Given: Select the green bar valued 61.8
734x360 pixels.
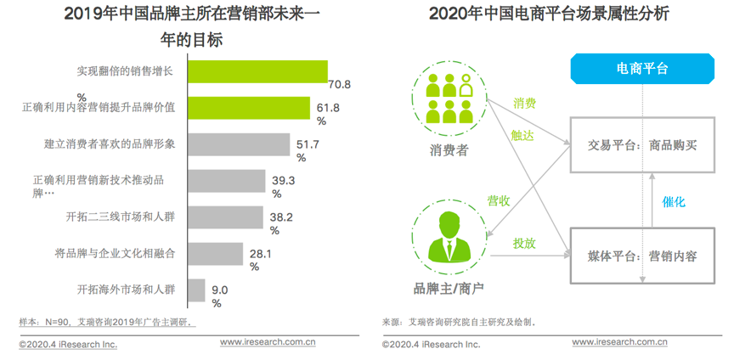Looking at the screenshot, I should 247,108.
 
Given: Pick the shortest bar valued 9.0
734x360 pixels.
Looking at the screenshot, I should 195,290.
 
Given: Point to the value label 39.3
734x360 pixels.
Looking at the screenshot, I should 283,181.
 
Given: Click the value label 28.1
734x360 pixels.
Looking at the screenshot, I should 259,253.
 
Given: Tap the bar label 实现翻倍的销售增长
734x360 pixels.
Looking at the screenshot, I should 125,71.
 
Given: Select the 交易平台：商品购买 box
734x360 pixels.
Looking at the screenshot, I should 642,145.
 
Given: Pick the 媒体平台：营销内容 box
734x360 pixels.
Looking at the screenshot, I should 642,255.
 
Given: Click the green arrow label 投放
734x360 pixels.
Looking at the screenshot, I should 524,243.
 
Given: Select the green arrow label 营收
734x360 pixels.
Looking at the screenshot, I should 498,201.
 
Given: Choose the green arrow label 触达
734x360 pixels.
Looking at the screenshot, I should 522,134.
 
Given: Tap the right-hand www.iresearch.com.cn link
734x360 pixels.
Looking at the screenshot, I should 618,343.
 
